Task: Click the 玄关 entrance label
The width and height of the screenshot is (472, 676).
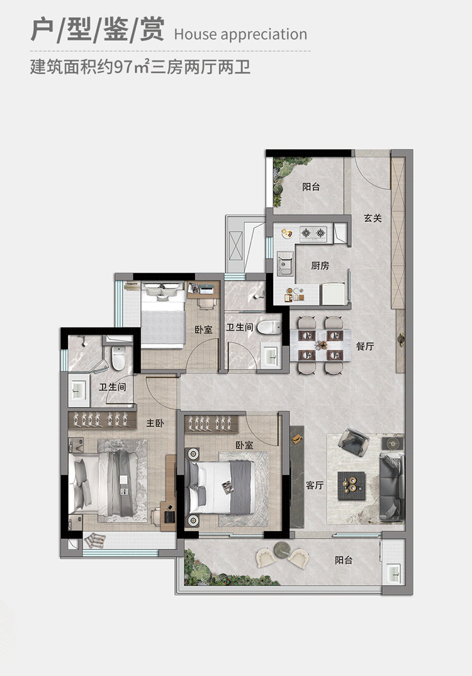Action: point(373,218)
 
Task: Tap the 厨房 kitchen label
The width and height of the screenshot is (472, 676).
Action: point(320,266)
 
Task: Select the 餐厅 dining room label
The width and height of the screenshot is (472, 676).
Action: point(365,346)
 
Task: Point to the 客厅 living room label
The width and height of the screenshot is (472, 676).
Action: point(315,485)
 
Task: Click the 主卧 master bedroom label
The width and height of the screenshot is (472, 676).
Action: point(155,424)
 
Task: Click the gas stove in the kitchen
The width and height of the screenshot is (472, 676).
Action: point(313,234)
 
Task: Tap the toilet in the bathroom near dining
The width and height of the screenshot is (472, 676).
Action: point(270,327)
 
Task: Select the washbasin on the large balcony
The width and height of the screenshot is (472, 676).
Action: point(395,573)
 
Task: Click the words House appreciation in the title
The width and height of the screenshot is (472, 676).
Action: point(240,34)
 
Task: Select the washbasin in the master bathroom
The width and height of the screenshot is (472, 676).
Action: point(78,388)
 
